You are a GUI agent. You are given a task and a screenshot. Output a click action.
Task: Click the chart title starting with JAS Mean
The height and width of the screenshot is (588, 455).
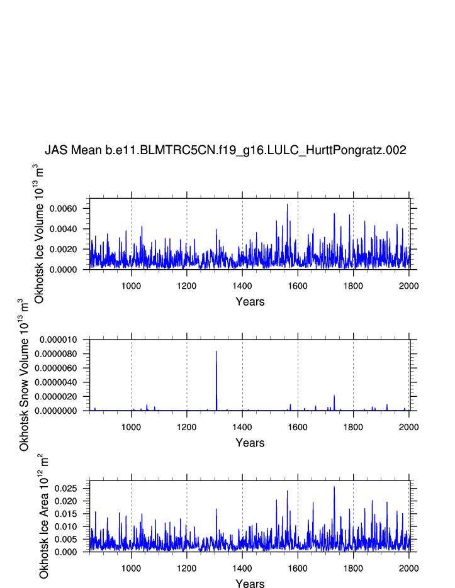[x=225, y=150]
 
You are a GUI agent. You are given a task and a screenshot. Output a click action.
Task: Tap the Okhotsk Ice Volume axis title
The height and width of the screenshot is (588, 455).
[x=38, y=233]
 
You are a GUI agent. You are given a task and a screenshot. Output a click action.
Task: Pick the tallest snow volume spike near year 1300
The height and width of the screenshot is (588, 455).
[x=216, y=352]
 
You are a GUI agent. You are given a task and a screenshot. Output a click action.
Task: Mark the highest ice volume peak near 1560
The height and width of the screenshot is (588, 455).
[x=287, y=204]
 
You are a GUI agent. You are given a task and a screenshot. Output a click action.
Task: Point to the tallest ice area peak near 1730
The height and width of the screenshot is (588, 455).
[x=334, y=487]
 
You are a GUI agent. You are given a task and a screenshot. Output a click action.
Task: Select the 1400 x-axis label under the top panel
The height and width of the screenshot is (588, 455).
[x=242, y=282]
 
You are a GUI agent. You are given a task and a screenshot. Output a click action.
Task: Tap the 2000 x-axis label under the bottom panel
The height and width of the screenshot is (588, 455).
[x=408, y=565]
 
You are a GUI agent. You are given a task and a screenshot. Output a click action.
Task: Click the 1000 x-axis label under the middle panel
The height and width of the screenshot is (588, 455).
[x=131, y=423]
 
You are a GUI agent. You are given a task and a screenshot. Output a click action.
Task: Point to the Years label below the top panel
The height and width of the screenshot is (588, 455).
[x=250, y=302]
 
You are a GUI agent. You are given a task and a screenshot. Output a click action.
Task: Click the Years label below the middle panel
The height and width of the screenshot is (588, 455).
[x=250, y=443]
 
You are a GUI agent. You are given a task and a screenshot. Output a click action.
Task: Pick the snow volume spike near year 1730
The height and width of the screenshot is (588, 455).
[x=334, y=396]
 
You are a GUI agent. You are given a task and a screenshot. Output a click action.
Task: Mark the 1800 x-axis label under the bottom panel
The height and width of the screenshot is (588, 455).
[x=353, y=565]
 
